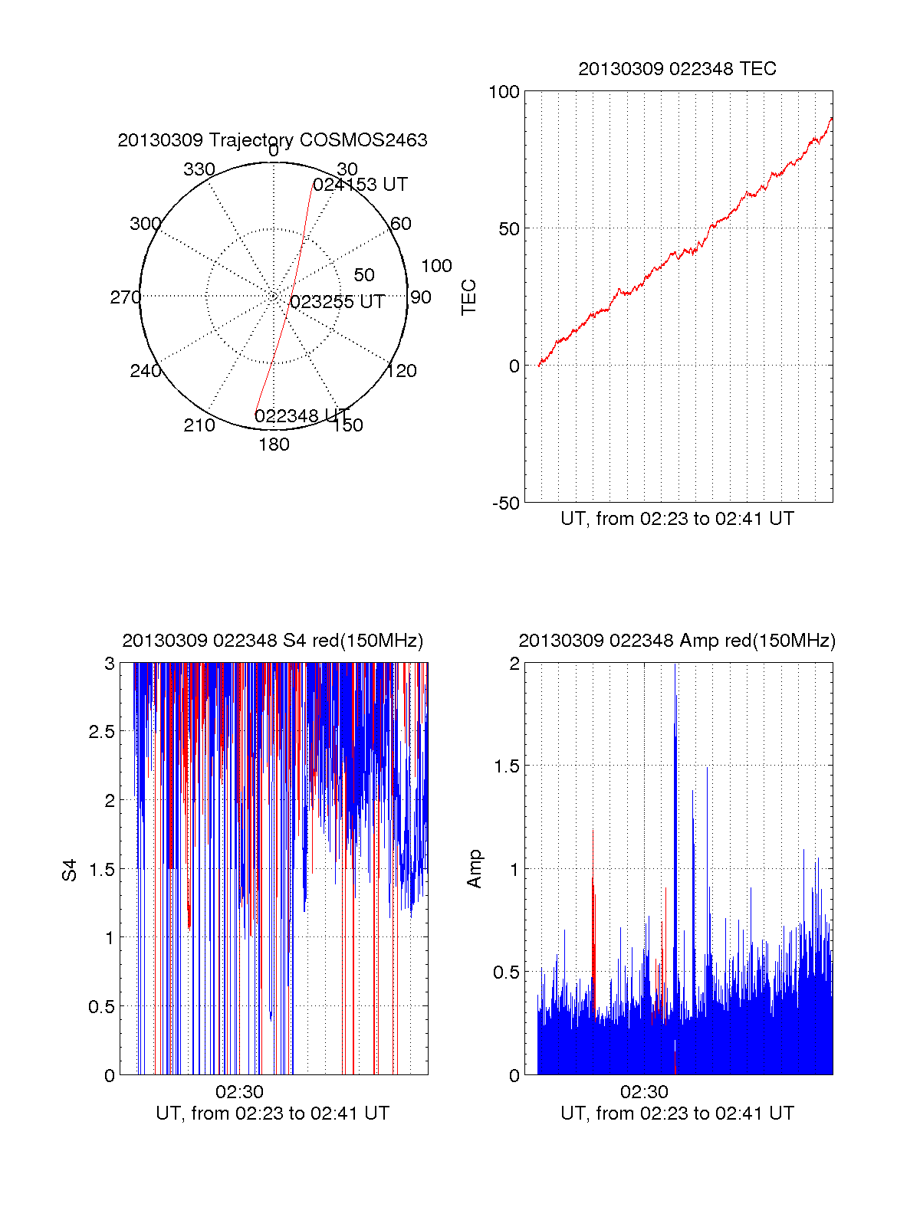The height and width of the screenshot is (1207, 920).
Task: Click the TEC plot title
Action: point(677,69)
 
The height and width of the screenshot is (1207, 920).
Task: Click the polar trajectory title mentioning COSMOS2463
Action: point(272,140)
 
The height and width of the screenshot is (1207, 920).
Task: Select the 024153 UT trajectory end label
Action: point(360,185)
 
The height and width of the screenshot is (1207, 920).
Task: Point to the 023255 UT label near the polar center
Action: point(337,302)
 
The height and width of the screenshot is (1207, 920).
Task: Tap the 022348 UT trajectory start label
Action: point(301,416)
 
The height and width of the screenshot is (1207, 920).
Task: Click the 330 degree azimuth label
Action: point(199,169)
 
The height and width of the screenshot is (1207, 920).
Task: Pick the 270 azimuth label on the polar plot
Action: point(125,297)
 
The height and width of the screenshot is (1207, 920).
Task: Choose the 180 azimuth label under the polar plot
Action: point(274,444)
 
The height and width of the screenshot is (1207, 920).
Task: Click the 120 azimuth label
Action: point(402,371)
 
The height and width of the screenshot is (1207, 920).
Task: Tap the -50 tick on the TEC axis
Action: point(506,503)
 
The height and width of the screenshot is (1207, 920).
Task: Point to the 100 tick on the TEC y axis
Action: point(504,92)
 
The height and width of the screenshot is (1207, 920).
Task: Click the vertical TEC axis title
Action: point(469,297)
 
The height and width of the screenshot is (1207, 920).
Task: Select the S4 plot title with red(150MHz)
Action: point(272,641)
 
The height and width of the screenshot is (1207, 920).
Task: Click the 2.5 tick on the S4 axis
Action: point(102,732)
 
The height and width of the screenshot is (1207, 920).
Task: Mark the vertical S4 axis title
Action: point(70,870)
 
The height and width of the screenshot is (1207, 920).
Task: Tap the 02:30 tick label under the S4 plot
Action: point(239,1092)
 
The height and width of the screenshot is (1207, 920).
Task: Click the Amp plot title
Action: point(677,641)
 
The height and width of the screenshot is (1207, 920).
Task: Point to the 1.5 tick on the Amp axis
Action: point(506,766)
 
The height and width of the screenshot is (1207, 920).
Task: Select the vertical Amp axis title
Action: point(475,869)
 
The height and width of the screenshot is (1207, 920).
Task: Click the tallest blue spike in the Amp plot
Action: point(675,690)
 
